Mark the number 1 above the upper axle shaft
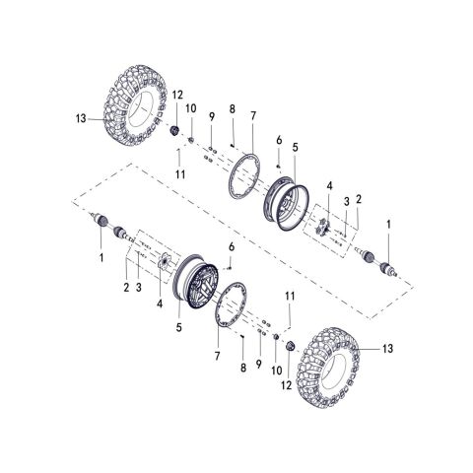pos(388,226)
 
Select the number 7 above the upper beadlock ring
pos(252,116)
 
